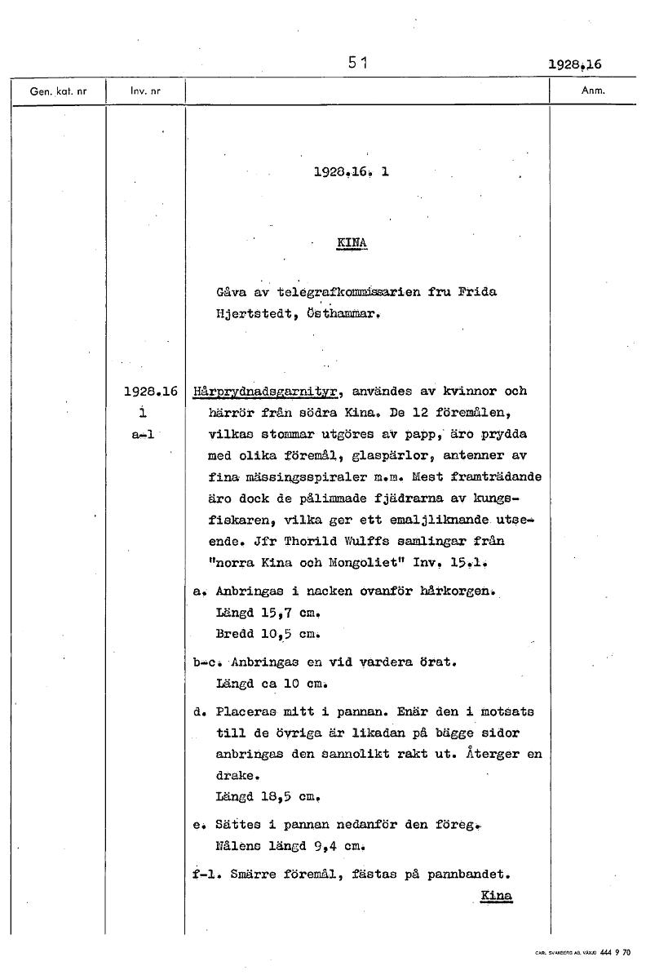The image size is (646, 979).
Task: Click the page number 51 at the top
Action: (x=356, y=61)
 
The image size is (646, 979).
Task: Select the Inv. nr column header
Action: (x=145, y=91)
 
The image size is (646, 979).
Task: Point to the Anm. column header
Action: (x=593, y=91)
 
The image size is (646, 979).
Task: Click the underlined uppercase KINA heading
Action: (x=352, y=243)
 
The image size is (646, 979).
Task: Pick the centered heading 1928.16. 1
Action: (x=351, y=172)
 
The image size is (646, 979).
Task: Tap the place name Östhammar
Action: (x=330, y=312)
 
